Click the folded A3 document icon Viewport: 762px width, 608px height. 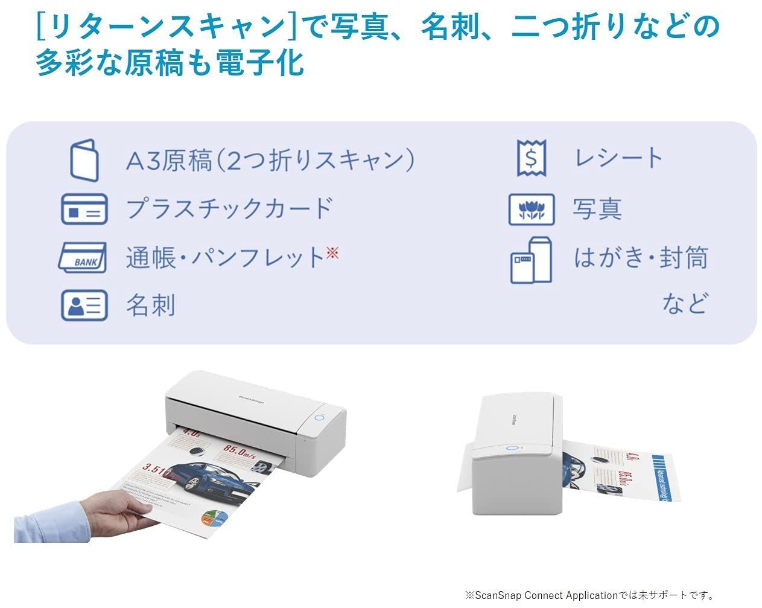84,160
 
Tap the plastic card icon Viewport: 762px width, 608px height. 84,209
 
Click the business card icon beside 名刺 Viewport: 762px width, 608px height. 84,305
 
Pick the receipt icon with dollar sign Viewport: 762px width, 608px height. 532,158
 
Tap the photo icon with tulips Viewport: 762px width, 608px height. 531,209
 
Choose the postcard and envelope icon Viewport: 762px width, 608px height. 531,260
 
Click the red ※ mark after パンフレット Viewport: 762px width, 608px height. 332,252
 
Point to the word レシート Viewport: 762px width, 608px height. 618,158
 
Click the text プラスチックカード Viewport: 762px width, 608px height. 229,209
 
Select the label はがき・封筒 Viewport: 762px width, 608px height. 640,258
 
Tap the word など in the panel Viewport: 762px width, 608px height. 684,303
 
